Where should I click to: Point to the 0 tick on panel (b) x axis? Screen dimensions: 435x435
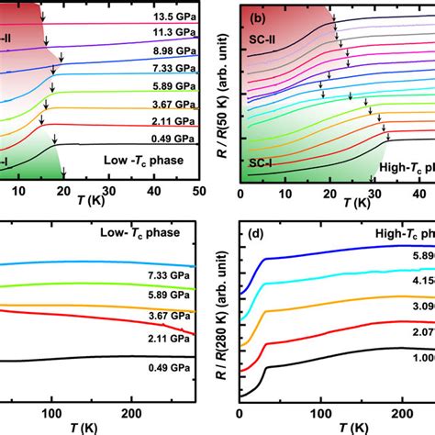(240, 195)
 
